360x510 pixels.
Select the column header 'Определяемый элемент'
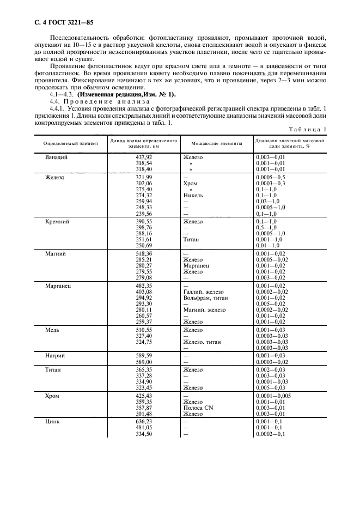[x=68, y=143]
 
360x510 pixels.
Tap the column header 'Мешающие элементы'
[x=217, y=143]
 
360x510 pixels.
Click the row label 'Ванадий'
[x=56, y=157]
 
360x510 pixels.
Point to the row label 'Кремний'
[x=57, y=222]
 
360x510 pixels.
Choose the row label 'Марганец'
[x=58, y=286]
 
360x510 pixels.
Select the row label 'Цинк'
[x=53, y=421]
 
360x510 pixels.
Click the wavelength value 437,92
[x=143, y=157]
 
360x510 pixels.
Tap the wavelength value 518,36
[x=143, y=253]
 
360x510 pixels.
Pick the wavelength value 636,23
[x=143, y=421]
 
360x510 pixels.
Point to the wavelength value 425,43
[x=143, y=395]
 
